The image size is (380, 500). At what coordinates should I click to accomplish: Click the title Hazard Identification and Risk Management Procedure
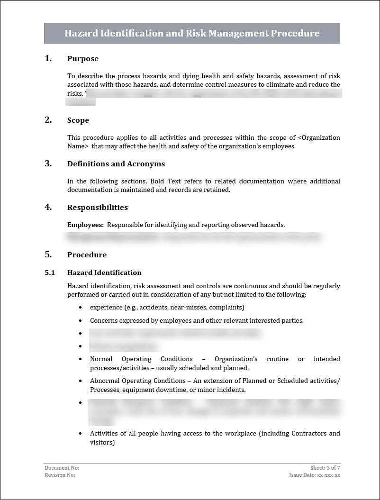point(192,33)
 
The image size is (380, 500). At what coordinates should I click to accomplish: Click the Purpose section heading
point(83,59)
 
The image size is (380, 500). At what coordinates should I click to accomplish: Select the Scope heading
point(78,120)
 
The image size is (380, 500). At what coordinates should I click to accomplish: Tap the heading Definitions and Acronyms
point(116,164)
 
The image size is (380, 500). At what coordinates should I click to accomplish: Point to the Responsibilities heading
point(98,208)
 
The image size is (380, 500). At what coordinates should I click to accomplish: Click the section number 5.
point(48,255)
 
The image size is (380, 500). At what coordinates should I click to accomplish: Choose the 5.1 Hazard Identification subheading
point(104,273)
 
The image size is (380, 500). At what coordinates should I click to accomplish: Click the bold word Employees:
point(85,225)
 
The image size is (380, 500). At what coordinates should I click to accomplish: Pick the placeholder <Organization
point(319,137)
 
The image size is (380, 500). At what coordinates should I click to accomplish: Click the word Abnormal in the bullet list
point(105,381)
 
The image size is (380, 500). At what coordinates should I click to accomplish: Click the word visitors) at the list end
point(102,443)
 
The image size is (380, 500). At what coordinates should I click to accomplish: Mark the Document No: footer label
point(59,468)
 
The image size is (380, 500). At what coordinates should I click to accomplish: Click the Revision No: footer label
point(60,475)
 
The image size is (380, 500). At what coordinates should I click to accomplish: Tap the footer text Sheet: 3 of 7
point(325,468)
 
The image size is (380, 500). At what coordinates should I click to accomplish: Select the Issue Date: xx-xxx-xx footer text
point(315,475)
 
